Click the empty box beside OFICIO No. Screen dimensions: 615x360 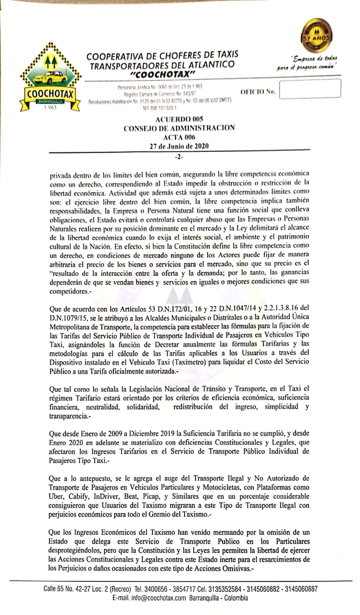coord(310,89)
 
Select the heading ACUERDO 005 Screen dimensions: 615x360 coord(179,119)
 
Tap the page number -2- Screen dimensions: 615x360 coord(179,157)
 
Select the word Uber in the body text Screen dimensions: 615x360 coord(57,497)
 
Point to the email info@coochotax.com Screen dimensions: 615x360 coord(149,598)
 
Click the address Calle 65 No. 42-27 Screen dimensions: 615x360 coord(69,589)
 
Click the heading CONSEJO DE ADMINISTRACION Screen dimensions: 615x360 coord(179,128)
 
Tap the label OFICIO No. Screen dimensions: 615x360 coord(257,91)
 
